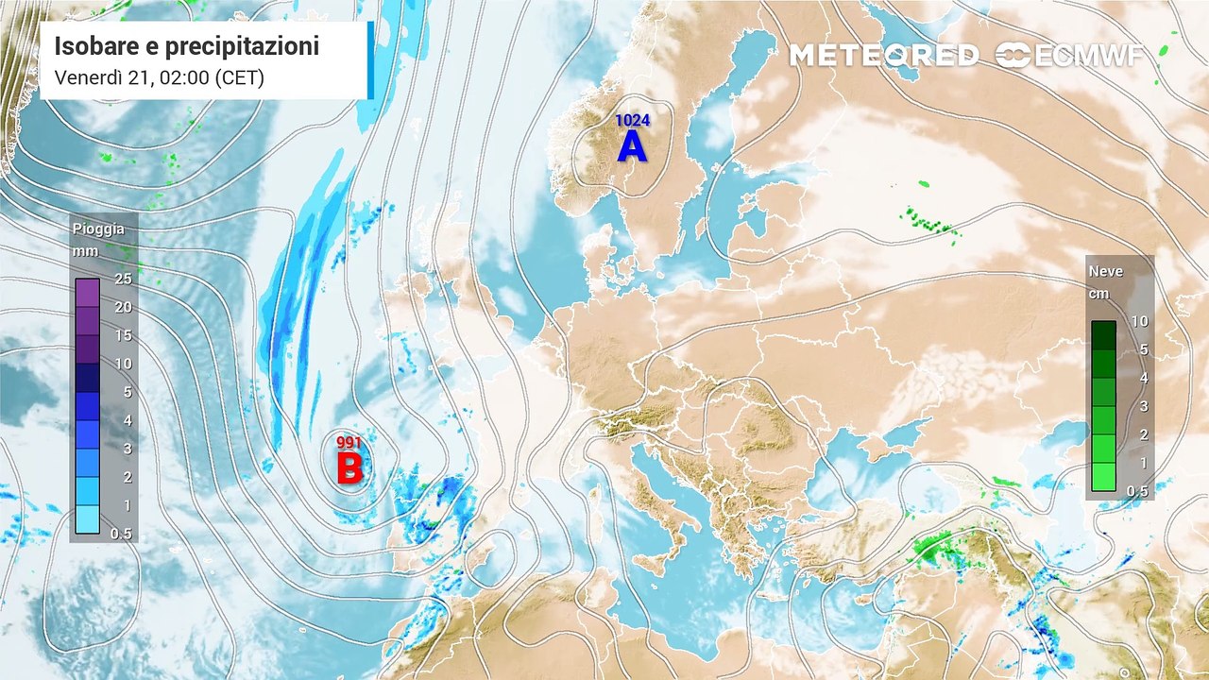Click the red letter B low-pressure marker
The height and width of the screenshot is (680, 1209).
(350, 467)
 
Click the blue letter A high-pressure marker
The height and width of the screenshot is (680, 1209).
(632, 146)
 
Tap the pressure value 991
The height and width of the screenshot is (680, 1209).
(350, 441)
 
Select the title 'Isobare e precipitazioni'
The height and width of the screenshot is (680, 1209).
(186, 46)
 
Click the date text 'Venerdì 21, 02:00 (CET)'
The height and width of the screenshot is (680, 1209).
(159, 77)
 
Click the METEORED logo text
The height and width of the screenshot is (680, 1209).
(883, 56)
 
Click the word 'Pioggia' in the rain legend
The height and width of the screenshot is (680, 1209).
(98, 229)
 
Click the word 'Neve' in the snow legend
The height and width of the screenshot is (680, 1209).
(1106, 271)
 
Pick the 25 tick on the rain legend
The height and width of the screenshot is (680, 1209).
(123, 279)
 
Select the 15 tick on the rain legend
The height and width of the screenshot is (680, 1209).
(123, 335)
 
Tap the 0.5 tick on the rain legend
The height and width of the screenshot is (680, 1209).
(123, 535)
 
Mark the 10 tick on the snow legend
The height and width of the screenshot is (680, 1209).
(1139, 321)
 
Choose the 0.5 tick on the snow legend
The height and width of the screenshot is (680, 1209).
(1139, 491)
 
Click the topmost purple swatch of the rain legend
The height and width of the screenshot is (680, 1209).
(88, 293)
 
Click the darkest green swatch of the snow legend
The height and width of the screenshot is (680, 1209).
(1103, 335)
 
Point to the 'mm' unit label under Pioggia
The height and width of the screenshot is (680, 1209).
(86, 252)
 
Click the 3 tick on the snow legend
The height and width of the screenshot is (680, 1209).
(1139, 406)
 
